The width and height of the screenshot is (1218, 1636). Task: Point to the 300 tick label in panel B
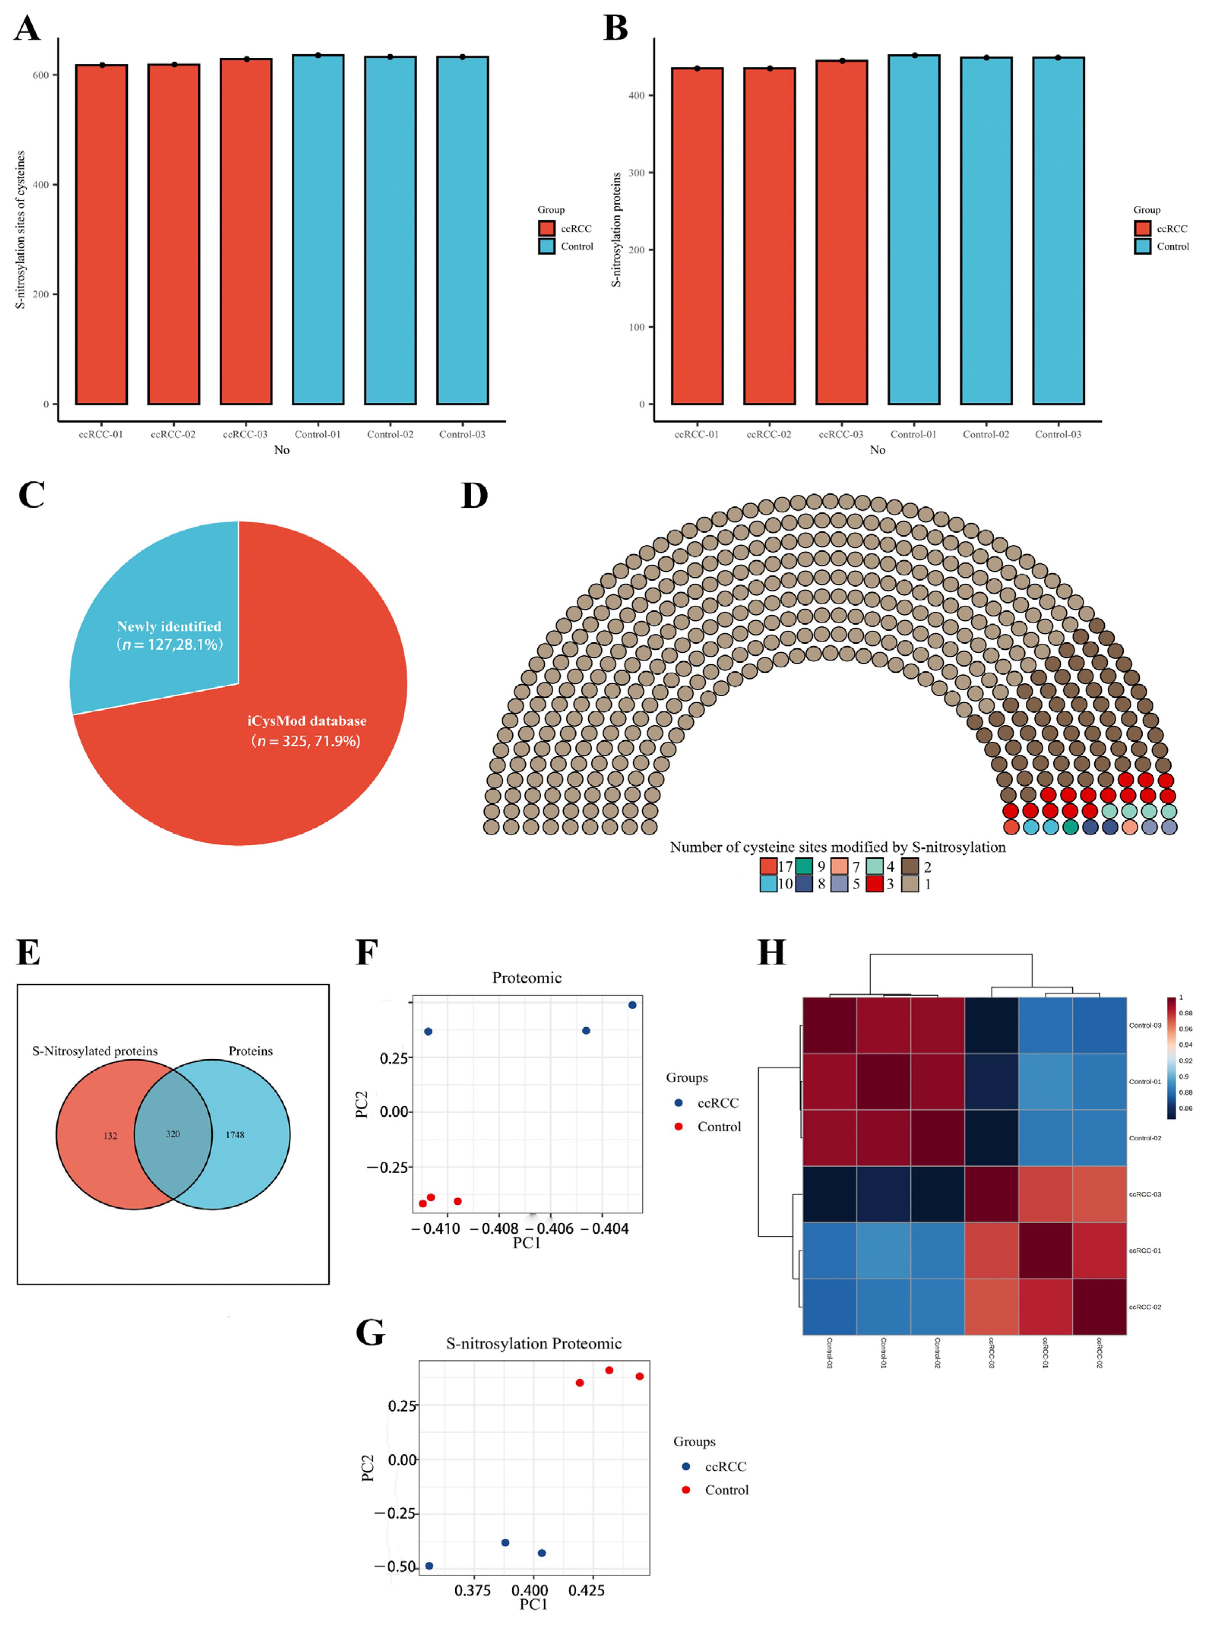[636, 173]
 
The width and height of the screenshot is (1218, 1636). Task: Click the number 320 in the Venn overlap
[173, 1134]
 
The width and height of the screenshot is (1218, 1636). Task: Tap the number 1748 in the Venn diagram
[234, 1135]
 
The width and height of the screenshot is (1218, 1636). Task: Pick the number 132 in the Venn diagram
[110, 1136]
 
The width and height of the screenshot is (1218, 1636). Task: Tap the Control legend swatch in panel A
[546, 246]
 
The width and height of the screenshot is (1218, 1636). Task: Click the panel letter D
[474, 496]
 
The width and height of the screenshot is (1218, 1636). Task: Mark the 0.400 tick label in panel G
[529, 1590]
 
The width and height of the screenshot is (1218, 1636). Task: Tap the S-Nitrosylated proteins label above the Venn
[94, 1051]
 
